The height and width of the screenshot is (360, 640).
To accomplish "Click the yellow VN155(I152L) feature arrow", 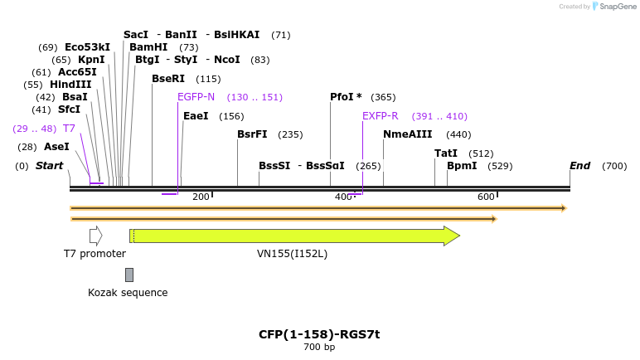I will tap(294, 236).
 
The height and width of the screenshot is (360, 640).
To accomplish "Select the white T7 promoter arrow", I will tap(95, 236).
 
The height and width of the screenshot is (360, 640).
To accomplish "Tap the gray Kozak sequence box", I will tap(128, 275).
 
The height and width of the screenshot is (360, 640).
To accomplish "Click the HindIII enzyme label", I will tap(70, 85).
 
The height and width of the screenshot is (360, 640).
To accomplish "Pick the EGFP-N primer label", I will tap(196, 97).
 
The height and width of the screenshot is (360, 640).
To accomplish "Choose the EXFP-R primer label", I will tap(380, 116).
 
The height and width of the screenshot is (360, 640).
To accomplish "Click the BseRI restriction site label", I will tap(168, 79).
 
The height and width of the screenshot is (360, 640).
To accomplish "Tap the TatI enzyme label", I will tap(446, 153).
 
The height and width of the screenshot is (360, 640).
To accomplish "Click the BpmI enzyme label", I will tap(462, 166).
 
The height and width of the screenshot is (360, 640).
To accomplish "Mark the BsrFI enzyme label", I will tap(252, 134).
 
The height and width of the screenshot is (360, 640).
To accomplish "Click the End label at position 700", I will tap(579, 166).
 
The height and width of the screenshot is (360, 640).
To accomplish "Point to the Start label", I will tap(49, 166).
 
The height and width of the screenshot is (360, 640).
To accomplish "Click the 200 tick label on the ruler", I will tap(201, 197).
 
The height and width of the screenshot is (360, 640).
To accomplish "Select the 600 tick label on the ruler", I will tap(486, 197).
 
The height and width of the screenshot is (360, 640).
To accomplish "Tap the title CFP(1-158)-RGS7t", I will tap(319, 334).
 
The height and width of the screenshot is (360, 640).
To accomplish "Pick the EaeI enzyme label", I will tap(196, 116).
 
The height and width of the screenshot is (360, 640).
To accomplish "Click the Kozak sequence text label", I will tap(128, 293).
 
